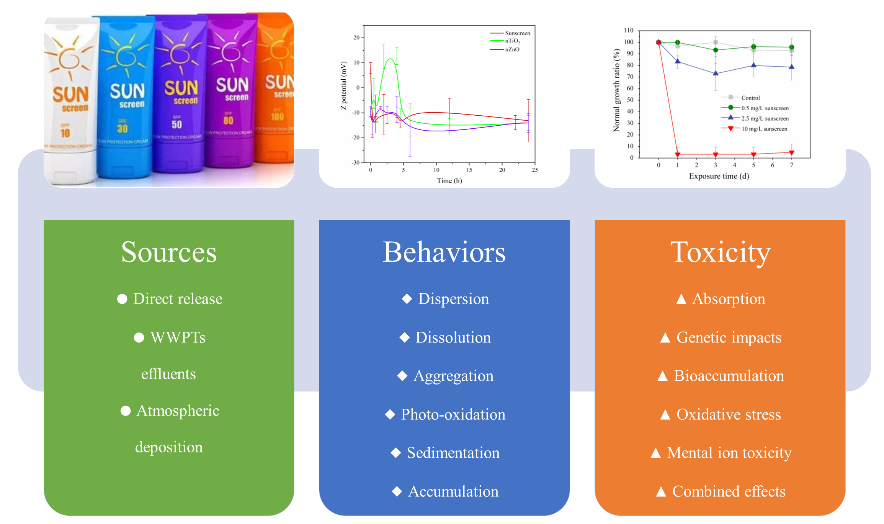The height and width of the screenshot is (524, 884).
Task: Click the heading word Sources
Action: point(169,253)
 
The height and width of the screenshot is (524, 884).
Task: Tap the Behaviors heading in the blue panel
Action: point(444,253)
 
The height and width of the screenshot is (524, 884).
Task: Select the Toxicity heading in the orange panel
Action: point(720,253)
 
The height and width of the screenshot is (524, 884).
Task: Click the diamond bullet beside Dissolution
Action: point(405,337)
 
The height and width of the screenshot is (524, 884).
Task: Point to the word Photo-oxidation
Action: point(453,414)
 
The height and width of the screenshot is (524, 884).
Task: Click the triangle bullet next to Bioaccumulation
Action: point(663,376)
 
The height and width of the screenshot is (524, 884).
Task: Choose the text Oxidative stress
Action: point(729,414)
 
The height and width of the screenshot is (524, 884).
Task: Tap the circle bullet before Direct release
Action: point(122,299)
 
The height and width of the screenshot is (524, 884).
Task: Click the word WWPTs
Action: point(178,337)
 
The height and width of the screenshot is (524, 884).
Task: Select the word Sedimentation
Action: point(453,453)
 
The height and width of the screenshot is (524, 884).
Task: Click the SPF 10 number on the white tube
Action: point(65,133)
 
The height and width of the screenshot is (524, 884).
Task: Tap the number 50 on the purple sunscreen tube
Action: point(176,124)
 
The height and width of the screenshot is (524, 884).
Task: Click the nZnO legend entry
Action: point(512,49)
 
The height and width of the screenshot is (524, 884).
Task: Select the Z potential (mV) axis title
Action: point(343,85)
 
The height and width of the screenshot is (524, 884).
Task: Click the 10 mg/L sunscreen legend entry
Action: point(764,129)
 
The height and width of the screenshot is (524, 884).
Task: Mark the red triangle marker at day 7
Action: point(792,153)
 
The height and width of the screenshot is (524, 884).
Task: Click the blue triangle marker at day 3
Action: point(716,73)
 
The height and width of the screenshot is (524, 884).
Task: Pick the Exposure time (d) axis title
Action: point(719,176)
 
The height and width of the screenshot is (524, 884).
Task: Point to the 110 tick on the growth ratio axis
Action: point(629,30)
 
